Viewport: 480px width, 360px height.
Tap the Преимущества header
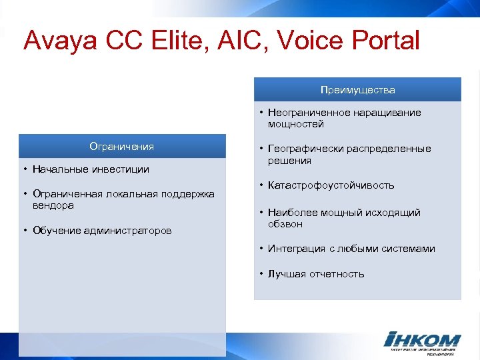pos(357,89)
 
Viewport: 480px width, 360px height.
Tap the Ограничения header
pos(122,146)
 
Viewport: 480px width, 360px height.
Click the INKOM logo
pos(422,340)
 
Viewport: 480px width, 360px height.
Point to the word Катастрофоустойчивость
pos(331,185)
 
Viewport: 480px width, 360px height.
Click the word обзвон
pos(285,225)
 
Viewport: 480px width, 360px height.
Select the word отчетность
pos(336,274)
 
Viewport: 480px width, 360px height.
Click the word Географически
pos(303,149)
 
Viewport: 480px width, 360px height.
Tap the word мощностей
pos(295,124)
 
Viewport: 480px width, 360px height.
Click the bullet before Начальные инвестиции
pos(24,169)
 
